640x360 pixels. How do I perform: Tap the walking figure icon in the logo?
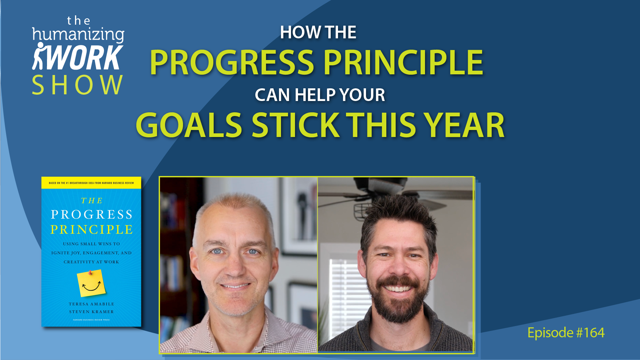click(x=39, y=56)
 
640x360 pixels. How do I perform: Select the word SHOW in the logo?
click(x=77, y=85)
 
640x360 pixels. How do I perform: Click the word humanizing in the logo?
click(x=78, y=35)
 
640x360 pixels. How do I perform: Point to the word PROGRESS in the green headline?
click(x=232, y=62)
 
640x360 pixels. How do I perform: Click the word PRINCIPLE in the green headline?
click(x=403, y=62)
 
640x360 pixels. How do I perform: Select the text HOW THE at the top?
click(x=318, y=32)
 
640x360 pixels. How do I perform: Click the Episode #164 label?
click(x=566, y=333)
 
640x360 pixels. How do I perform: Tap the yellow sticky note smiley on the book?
click(x=91, y=283)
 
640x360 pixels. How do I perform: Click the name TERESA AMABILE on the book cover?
click(x=91, y=304)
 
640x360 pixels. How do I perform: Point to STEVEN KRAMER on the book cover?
click(x=91, y=312)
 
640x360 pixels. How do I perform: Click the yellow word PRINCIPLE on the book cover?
click(x=92, y=230)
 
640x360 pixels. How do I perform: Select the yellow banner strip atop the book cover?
click(x=91, y=183)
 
